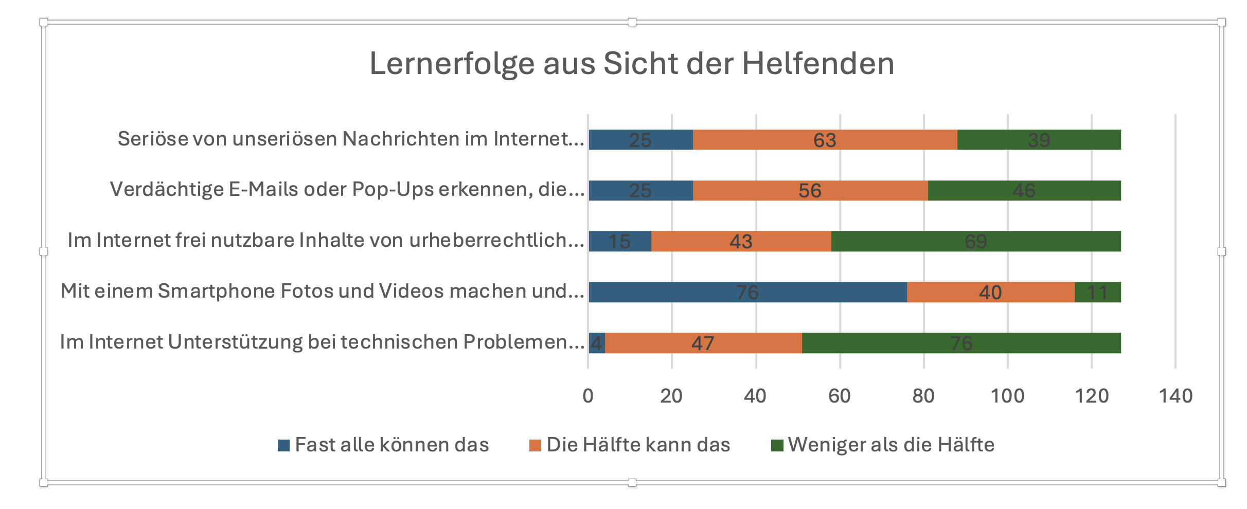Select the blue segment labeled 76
click(747, 292)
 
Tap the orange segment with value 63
click(825, 140)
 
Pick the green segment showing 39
click(1039, 140)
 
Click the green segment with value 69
click(975, 241)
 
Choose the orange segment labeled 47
click(703, 343)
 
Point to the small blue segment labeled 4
click(596, 343)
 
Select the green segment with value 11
click(1097, 292)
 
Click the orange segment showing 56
click(810, 191)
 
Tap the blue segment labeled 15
click(619, 241)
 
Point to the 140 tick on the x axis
click(1175, 396)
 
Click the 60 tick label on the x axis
click(840, 396)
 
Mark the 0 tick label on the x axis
click(588, 396)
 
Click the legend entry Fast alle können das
click(391, 445)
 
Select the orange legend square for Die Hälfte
click(535, 445)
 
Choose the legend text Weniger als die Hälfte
click(891, 445)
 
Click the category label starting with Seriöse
click(351, 139)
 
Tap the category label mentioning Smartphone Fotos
click(322, 291)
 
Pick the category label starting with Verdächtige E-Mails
click(347, 190)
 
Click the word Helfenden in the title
click(817, 64)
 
